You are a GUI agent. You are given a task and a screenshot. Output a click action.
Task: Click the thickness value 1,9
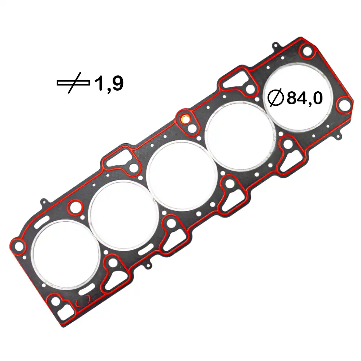[109, 83]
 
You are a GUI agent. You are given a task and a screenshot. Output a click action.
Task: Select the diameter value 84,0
[304, 98]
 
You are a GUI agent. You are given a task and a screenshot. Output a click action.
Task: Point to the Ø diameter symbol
[276, 98]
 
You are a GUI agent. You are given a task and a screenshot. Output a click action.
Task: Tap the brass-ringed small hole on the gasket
[185, 118]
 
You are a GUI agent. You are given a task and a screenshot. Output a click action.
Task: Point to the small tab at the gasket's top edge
[276, 45]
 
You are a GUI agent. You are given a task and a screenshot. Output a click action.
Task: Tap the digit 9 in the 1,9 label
[117, 83]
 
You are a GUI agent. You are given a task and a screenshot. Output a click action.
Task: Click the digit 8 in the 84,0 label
[292, 98]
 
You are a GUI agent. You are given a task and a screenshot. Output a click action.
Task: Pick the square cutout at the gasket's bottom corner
[64, 312]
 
